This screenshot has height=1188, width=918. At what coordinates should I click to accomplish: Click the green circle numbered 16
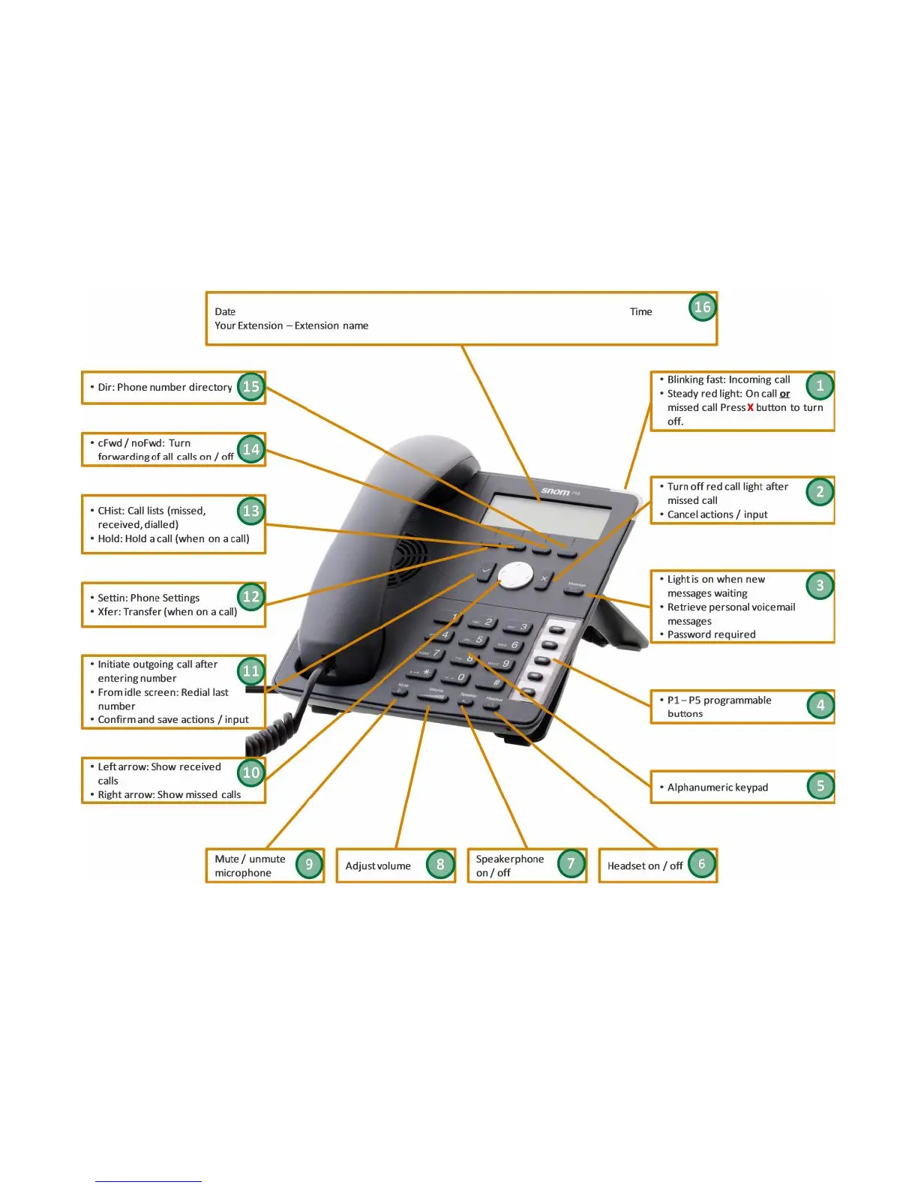coord(702,307)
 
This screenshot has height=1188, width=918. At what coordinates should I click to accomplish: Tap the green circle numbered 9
coord(309,864)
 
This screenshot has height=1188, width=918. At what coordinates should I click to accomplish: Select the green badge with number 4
coord(820,705)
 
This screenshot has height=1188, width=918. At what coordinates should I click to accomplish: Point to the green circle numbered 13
coord(250,511)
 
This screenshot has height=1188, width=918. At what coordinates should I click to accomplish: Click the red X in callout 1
coord(750,408)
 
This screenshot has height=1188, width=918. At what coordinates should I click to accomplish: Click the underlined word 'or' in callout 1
coord(784,394)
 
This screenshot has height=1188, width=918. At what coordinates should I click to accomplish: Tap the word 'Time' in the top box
coord(640,312)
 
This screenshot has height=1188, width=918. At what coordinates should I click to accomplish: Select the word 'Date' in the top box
coord(225,312)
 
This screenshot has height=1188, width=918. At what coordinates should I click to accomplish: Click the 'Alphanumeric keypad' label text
coord(717,787)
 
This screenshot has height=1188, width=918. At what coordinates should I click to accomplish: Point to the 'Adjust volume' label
coord(378,866)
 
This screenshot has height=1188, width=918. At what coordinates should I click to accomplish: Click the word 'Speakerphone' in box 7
coord(510,859)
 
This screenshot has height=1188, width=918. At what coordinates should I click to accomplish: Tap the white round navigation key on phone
coord(515,574)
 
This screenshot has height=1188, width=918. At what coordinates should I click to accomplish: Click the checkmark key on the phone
coord(486,571)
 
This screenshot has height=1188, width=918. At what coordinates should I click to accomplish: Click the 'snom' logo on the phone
coord(556,491)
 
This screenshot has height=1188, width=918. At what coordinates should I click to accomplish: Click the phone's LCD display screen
coord(545,515)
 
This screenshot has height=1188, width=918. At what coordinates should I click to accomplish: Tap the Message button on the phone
coord(576,590)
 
